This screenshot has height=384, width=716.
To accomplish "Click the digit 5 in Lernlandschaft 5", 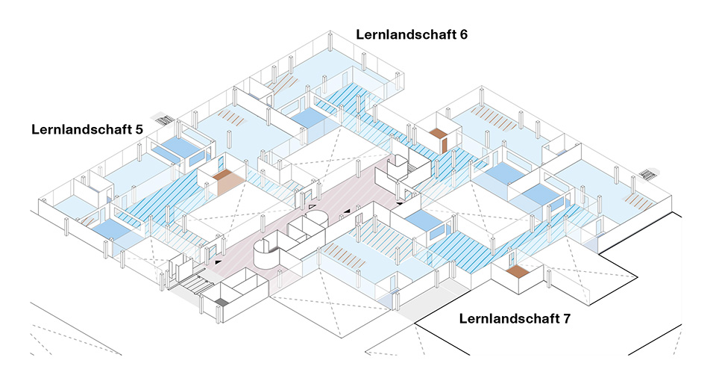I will (x=138, y=129).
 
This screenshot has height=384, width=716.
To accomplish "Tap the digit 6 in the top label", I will (x=463, y=34).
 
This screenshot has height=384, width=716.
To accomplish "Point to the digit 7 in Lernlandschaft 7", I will (x=567, y=319).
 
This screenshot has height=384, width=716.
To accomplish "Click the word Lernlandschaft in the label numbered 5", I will (x=81, y=129).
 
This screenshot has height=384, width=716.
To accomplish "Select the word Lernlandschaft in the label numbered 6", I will (x=406, y=34).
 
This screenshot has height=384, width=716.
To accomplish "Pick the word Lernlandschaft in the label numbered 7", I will (x=509, y=319).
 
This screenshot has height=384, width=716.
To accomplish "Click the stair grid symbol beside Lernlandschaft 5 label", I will (x=164, y=117).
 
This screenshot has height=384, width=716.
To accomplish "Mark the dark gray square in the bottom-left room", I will (x=221, y=303).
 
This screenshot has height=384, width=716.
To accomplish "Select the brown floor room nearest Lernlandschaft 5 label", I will (x=228, y=179).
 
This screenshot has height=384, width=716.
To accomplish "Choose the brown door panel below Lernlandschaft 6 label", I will (x=443, y=140).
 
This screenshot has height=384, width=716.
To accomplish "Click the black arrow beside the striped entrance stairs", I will (x=218, y=262).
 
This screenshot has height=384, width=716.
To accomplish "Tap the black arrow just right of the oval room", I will (x=346, y=212).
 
